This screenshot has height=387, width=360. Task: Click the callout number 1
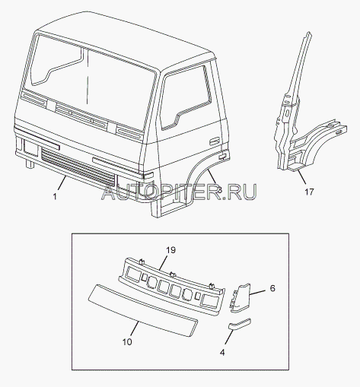[x=55, y=196]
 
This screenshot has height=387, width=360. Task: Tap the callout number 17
[x=309, y=192]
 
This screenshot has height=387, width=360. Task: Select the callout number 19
[x=170, y=250]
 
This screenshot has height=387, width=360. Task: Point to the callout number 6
[x=272, y=288]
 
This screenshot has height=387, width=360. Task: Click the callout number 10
[x=127, y=342]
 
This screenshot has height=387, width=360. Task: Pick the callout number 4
[x=222, y=353]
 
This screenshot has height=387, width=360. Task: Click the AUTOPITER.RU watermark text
[x=179, y=192]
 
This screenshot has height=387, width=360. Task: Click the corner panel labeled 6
[x=241, y=298]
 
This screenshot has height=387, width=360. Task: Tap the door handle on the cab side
[x=215, y=141]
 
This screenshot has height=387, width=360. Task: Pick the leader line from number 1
[x=62, y=183]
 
